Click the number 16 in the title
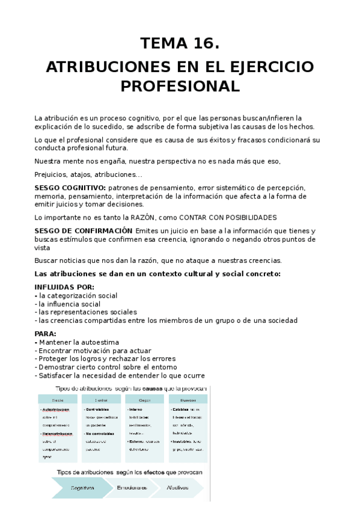point(201,44)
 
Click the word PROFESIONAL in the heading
point(180,86)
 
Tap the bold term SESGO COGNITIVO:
point(70,188)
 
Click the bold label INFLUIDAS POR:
point(64,287)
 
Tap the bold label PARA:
point(46,334)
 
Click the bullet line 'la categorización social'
point(78,296)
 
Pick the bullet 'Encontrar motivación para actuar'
point(95,351)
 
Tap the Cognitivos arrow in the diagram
point(82,487)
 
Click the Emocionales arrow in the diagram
point(133,487)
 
